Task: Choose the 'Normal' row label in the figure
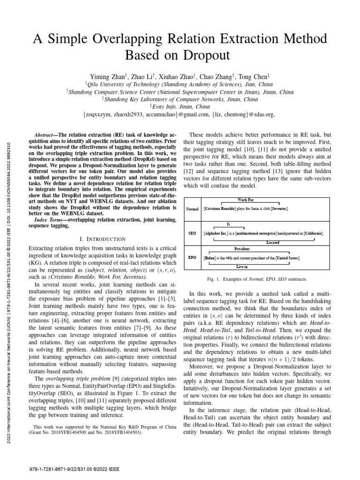pos(193,208)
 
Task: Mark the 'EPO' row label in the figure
pos(192,258)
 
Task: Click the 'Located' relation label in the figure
pos(272,242)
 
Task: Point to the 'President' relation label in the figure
pos(242,249)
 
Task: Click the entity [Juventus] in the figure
pos(277,208)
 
